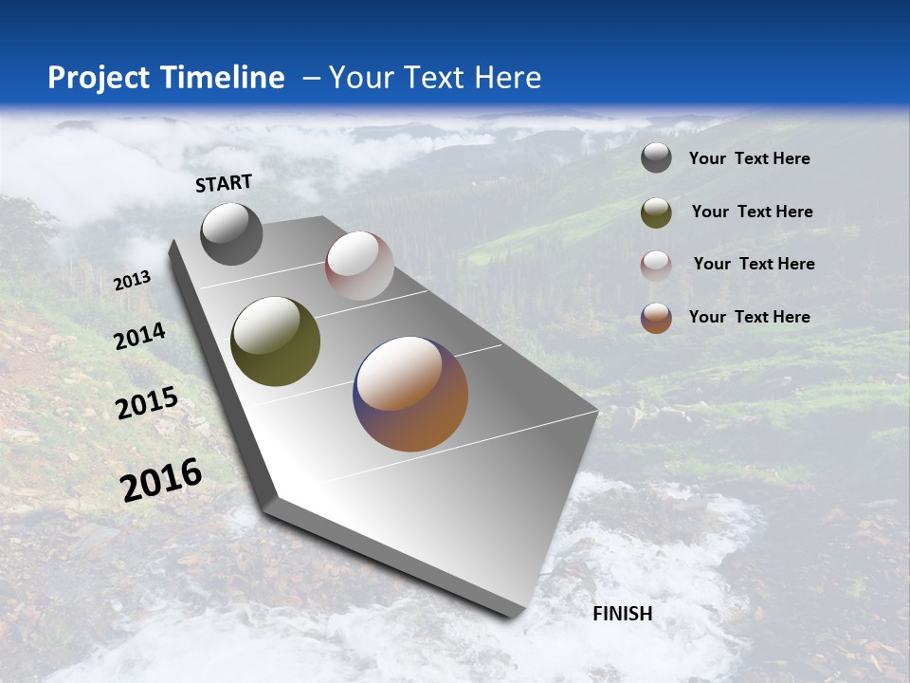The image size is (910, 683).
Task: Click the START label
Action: coord(224,183)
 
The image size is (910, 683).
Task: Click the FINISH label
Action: coord(623,614)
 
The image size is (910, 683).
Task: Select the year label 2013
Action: coord(132,281)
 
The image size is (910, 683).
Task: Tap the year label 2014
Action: coord(140,337)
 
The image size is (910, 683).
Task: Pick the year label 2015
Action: coord(147,403)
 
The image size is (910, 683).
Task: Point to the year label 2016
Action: coord(161,480)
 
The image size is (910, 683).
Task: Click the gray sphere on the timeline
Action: coord(231,233)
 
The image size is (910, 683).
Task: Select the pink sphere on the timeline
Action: coord(359,266)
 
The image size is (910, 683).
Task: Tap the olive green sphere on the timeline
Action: coord(275,341)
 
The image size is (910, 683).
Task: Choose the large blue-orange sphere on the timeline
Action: coord(410,394)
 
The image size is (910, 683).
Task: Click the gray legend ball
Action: coord(656,158)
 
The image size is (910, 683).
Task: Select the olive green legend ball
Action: coord(656,212)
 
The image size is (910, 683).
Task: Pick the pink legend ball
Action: coord(656,265)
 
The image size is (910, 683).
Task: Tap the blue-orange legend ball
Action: coord(656,318)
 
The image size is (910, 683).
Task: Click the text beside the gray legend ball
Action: coord(749,159)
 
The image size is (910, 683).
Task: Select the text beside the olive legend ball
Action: coord(752,212)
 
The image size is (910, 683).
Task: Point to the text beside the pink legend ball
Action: coord(754,264)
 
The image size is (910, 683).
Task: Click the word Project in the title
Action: coord(99,78)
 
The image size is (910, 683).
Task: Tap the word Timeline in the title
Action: coord(223,78)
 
